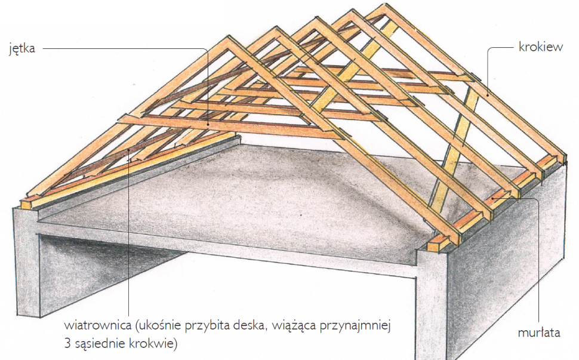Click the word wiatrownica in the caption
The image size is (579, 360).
[x=98, y=328]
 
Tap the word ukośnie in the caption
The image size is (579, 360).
[x=161, y=328]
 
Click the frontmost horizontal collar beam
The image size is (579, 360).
[x=227, y=127]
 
